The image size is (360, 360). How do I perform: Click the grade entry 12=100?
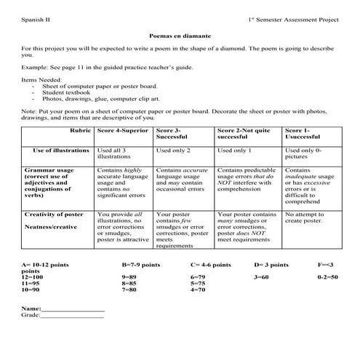click(x=33, y=277)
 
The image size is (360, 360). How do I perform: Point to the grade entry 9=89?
click(x=130, y=277)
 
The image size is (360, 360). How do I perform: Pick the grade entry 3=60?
click(x=262, y=277)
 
